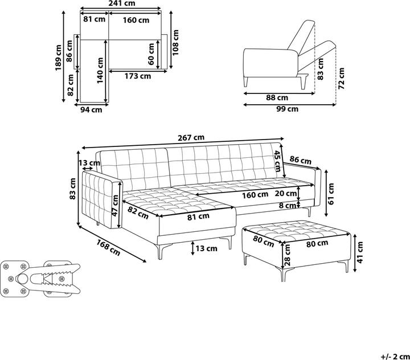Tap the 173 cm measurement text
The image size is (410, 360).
138,76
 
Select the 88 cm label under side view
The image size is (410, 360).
277,97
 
